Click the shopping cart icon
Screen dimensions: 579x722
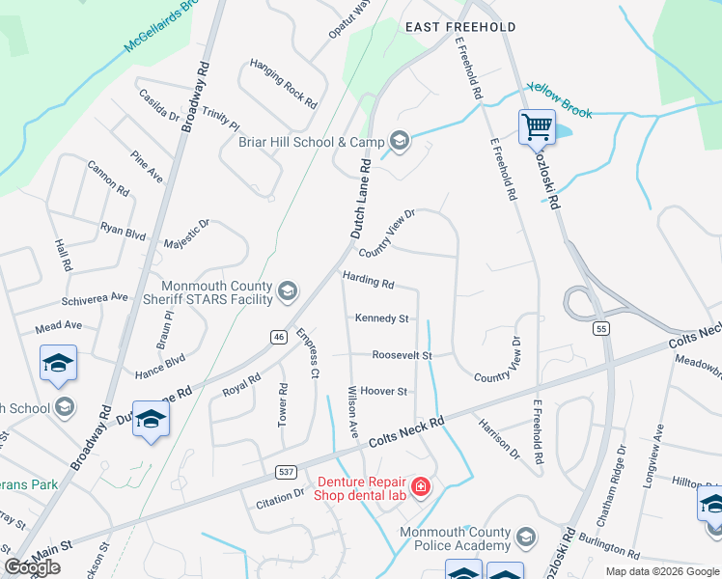tap(537, 125)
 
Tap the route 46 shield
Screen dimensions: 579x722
tap(278, 336)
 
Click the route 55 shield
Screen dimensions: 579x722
tap(601, 329)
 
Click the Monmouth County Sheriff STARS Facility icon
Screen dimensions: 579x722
tap(287, 290)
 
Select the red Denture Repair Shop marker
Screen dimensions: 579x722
tap(421, 486)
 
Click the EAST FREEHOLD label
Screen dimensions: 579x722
tap(460, 27)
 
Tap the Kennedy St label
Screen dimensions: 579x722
tap(381, 318)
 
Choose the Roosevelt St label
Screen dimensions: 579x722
tap(402, 355)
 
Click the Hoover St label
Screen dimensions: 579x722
tap(384, 391)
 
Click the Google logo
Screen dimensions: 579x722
tap(33, 567)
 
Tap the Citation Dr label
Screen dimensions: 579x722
tap(280, 499)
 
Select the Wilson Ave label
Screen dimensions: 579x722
tap(352, 411)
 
